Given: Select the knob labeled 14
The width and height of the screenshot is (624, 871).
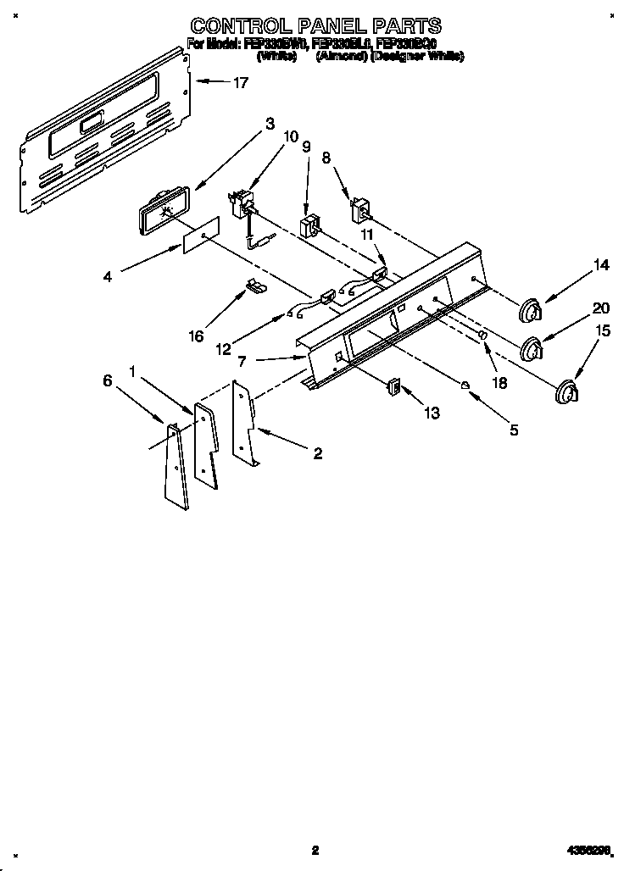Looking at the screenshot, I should point(530,311).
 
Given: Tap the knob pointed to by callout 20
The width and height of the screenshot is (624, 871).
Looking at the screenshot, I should point(532,348).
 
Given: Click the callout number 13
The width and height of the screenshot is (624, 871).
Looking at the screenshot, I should point(432,413).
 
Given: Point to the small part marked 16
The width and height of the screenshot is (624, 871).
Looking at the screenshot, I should point(253,286).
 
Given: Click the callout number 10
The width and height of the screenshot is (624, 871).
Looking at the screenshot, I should point(291,136).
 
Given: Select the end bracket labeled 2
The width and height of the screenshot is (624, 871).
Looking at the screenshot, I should point(245,424).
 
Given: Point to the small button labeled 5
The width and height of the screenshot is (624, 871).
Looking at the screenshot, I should point(465,386).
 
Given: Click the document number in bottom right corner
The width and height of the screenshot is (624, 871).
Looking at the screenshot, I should point(589,850).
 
